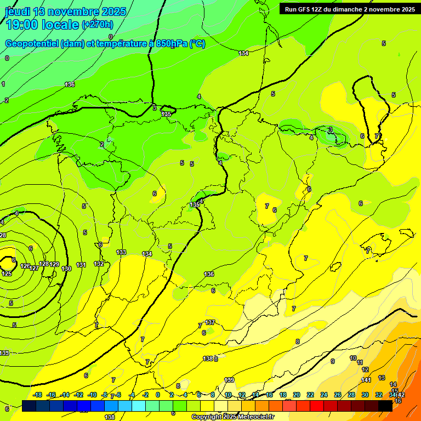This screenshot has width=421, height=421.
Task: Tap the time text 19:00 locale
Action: point(42,24)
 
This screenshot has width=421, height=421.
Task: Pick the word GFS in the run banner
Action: point(308,9)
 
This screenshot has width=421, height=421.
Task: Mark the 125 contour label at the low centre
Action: point(7,274)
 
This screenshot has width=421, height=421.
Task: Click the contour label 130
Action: point(67,269)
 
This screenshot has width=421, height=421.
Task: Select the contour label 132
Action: point(99,264)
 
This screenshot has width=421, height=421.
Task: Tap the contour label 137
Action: point(210,322)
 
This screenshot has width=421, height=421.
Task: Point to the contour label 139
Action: point(229,380)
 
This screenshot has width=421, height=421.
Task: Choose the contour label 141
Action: point(366,380)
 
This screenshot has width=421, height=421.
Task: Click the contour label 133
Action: point(121,252)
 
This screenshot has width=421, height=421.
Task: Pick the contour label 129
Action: point(54,264)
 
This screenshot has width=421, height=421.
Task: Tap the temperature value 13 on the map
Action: point(382,378)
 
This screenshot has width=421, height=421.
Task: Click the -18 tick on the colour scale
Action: point(38,395)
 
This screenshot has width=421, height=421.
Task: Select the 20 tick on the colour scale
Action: point(296,395)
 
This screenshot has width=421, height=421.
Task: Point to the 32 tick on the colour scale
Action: point(379,395)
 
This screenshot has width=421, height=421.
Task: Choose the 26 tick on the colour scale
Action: point(338,395)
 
